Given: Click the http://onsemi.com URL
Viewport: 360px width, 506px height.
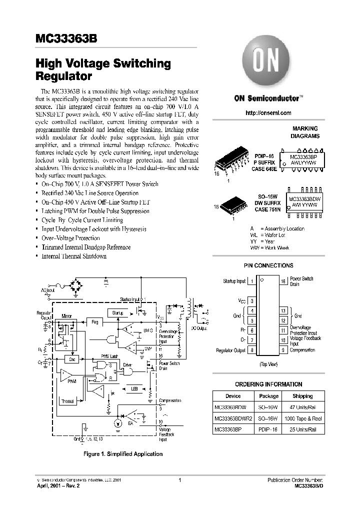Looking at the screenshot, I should pyautogui.click(x=268, y=113).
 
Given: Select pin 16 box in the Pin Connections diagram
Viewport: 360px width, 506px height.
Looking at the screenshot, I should pyautogui.click(x=283, y=281).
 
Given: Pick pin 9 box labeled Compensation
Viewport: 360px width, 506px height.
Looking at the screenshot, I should pyautogui.click(x=283, y=350).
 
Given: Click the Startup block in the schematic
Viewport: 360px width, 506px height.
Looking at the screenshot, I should pyautogui.click(x=117, y=313).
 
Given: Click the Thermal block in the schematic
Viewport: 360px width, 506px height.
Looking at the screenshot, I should pyautogui.click(x=67, y=401).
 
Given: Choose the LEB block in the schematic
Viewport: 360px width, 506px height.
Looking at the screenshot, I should pyautogui.click(x=134, y=388).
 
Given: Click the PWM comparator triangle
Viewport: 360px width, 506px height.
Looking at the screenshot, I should pyautogui.click(x=65, y=375).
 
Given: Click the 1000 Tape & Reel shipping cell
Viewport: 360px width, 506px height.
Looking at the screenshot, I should pyautogui.click(x=302, y=418).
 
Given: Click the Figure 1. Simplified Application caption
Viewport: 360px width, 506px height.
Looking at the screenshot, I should pyautogui.click(x=122, y=454).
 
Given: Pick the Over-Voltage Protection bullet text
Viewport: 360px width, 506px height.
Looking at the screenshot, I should pyautogui.click(x=71, y=238).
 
